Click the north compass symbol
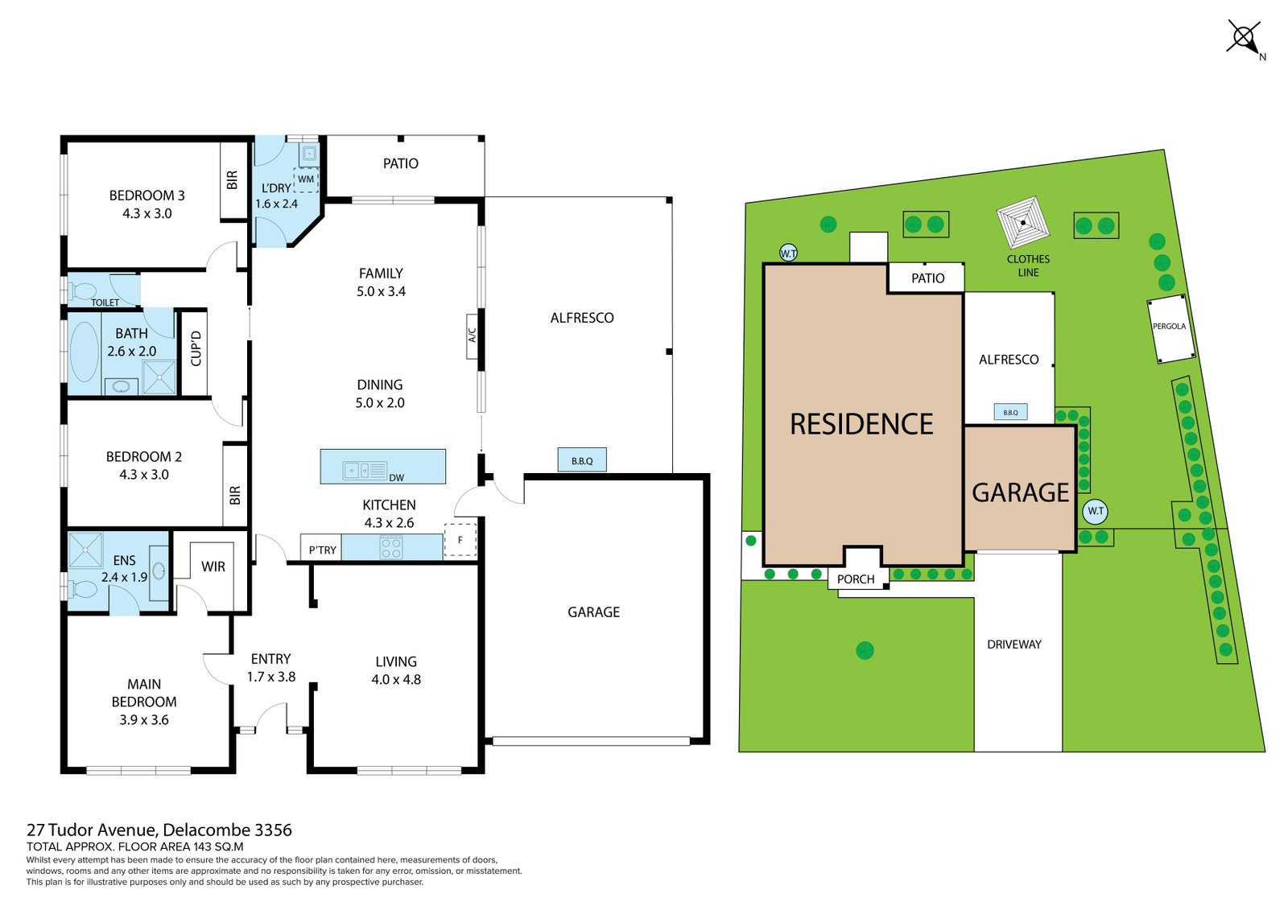pyautogui.click(x=1245, y=39)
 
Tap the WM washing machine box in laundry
pyautogui.click(x=306, y=179)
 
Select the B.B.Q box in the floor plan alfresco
pyautogui.click(x=582, y=460)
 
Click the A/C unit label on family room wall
pyautogui.click(x=472, y=336)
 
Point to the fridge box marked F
pyautogui.click(x=460, y=540)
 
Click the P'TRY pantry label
pyautogui.click(x=322, y=550)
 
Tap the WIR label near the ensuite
pyautogui.click(x=213, y=566)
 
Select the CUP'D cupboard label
pyautogui.click(x=196, y=349)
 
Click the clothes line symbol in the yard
pyautogui.click(x=1023, y=222)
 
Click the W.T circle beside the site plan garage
pyautogui.click(x=1096, y=511)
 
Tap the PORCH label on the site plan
pyautogui.click(x=856, y=579)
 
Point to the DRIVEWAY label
pyautogui.click(x=1014, y=644)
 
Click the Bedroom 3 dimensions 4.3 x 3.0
pyautogui.click(x=147, y=213)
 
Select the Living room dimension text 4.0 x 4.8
pyautogui.click(x=396, y=679)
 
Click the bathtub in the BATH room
pyautogui.click(x=84, y=352)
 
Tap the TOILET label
pyautogui.click(x=105, y=303)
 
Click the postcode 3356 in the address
pyautogui.click(x=273, y=830)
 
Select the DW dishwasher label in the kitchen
pyautogui.click(x=397, y=478)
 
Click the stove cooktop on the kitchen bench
pyautogui.click(x=391, y=546)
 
